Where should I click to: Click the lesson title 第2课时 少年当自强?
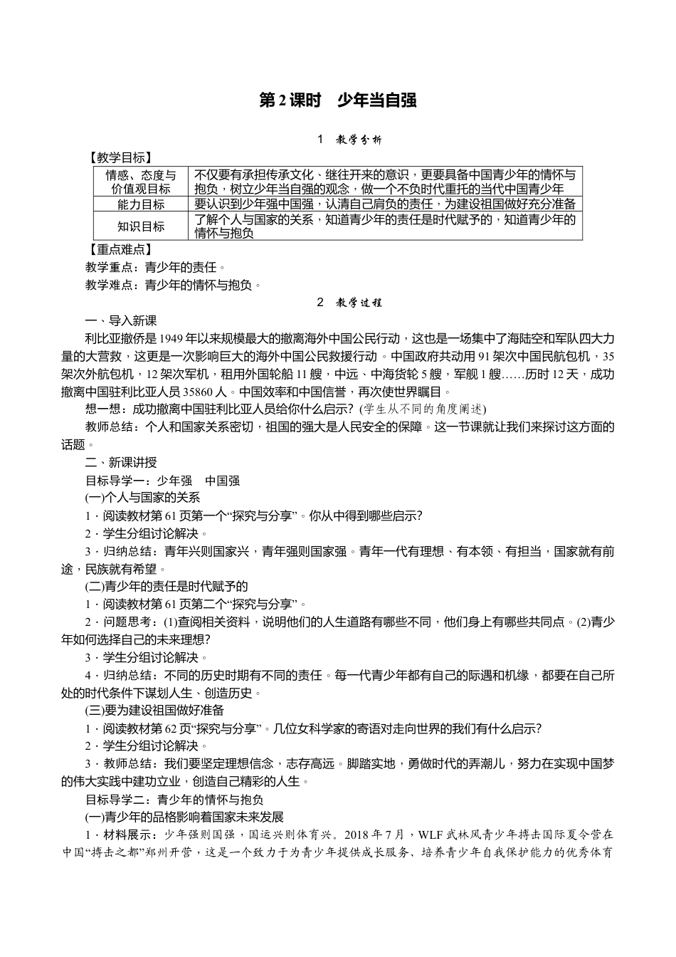[337, 101]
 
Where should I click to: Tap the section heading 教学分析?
[359, 140]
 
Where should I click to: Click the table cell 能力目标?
[141, 204]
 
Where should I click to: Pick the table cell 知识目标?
[141, 226]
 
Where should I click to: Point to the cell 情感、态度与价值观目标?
[141, 182]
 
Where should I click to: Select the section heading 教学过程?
[359, 303]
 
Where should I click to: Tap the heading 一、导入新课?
[120, 320]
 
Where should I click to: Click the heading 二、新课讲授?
[120, 463]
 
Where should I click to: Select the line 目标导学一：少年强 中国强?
[162, 481]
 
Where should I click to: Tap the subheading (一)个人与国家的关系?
[142, 498]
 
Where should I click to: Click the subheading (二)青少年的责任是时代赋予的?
[166, 586]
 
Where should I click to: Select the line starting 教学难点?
[173, 285]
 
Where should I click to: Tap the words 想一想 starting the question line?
[101, 409]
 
